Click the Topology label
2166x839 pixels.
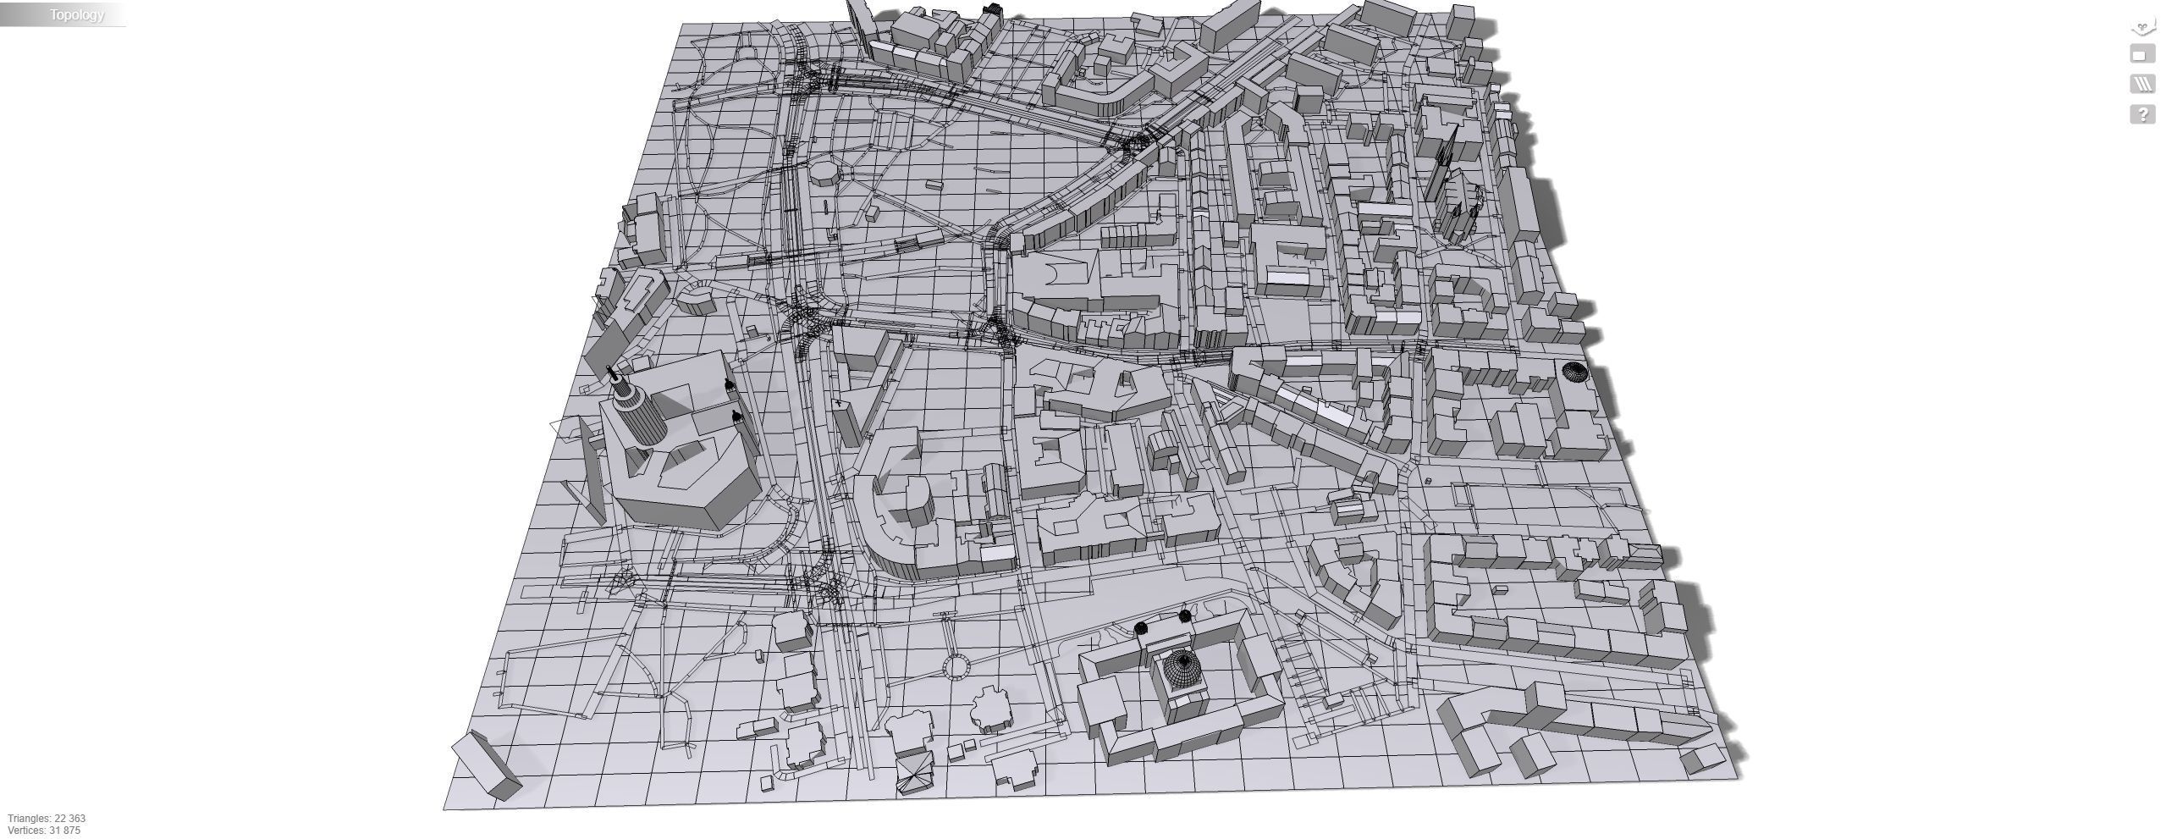pos(76,14)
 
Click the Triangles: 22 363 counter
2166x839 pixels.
pos(47,819)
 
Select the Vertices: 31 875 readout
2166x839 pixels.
pos(44,831)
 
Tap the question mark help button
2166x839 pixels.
pos(2141,114)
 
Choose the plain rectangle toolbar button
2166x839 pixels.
pos(2141,55)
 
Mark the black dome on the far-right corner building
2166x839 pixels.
pos(1573,372)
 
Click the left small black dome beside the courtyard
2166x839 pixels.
pos(1141,628)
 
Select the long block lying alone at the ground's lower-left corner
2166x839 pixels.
pos(488,766)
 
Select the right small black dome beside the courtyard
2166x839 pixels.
pos(1184,616)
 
